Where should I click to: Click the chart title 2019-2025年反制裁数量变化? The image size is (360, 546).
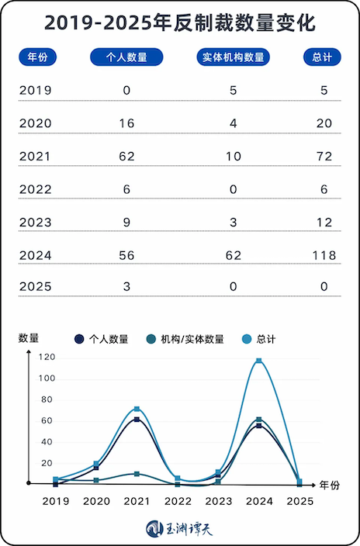(x=180, y=23)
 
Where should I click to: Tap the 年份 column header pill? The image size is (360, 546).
(x=38, y=57)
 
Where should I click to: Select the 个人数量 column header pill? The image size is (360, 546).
(x=126, y=57)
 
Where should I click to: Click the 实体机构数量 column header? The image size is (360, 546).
(x=233, y=57)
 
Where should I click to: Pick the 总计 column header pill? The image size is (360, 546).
(x=322, y=57)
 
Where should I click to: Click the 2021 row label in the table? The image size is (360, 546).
(x=35, y=157)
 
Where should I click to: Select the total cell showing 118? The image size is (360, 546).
(x=324, y=255)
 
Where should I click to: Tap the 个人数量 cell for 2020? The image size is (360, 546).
(x=126, y=123)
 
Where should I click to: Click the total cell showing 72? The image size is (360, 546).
(x=324, y=157)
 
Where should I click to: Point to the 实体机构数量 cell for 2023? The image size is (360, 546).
(x=233, y=222)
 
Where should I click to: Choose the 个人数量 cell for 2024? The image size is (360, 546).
(x=126, y=255)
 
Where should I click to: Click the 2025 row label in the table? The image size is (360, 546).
(x=35, y=287)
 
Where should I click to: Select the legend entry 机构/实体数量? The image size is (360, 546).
(x=185, y=339)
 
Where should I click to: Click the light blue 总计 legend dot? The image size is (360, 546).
(x=247, y=339)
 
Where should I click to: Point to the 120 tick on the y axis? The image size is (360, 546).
(x=47, y=357)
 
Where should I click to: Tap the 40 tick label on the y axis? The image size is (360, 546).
(x=47, y=442)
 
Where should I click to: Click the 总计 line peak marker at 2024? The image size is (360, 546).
(x=258, y=361)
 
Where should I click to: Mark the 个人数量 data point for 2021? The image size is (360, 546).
(x=137, y=420)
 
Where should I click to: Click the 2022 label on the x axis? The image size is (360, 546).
(x=178, y=501)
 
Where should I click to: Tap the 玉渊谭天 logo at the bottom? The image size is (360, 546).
(x=180, y=529)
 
